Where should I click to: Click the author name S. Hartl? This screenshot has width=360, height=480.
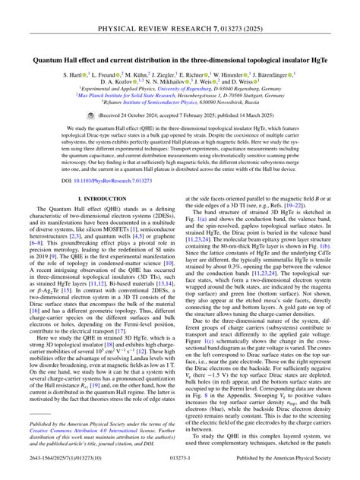pyautogui.click(x=73, y=77)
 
